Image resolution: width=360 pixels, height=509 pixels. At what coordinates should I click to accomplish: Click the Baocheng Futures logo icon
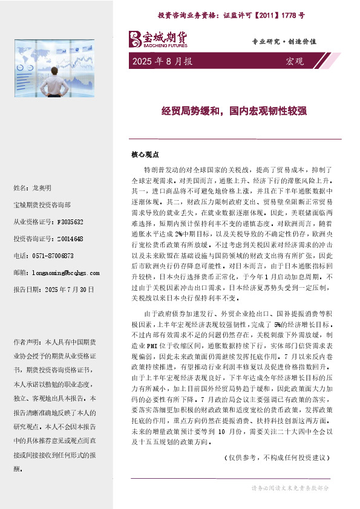click(134, 39)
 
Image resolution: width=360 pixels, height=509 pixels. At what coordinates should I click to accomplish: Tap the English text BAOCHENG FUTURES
click(165, 45)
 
